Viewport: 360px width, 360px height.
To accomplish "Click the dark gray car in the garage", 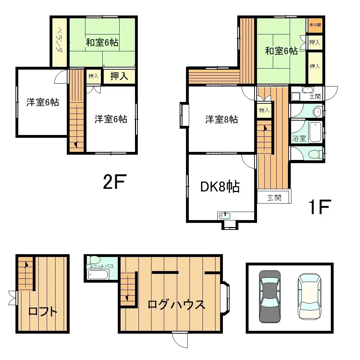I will [270, 296].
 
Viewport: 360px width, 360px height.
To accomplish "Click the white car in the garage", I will [309, 296].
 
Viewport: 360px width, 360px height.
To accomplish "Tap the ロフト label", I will [43, 311].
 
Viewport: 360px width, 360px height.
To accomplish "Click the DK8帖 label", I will [220, 187].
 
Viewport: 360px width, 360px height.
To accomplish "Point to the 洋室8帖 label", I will [221, 120].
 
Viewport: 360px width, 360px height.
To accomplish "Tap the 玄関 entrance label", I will [274, 198].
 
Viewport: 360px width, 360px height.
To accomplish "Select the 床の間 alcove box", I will [315, 25].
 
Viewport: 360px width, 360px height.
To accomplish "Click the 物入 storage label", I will [264, 110].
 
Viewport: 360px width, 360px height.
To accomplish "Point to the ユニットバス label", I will [101, 266].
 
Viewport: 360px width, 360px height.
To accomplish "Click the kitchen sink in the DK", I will [224, 216].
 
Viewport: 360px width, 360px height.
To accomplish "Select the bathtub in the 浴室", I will [315, 132].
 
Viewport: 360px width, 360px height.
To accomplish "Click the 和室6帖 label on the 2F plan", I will [102, 43].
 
